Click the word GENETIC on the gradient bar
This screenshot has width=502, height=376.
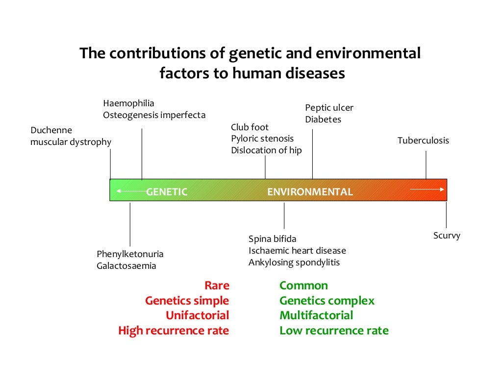[167, 192]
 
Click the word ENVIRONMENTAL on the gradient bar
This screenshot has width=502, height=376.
[310, 192]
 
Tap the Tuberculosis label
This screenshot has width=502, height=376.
[423, 141]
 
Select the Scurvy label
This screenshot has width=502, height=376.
[447, 235]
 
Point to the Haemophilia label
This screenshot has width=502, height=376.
[128, 103]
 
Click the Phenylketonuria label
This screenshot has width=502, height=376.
[130, 254]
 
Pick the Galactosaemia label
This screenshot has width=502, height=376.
[126, 266]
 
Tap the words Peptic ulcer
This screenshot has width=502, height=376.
[329, 108]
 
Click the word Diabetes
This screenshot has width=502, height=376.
[323, 119]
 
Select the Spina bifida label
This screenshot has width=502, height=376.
[272, 239]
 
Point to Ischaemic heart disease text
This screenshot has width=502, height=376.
[297, 251]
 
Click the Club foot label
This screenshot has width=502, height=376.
[250, 127]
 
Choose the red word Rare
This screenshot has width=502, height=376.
[217, 285]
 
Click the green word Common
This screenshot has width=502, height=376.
[303, 285]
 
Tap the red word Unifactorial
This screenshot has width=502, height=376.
[197, 315]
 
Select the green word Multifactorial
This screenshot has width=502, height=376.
[316, 315]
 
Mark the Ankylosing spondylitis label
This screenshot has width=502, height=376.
[294, 262]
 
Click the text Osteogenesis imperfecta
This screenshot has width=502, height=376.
[154, 115]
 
